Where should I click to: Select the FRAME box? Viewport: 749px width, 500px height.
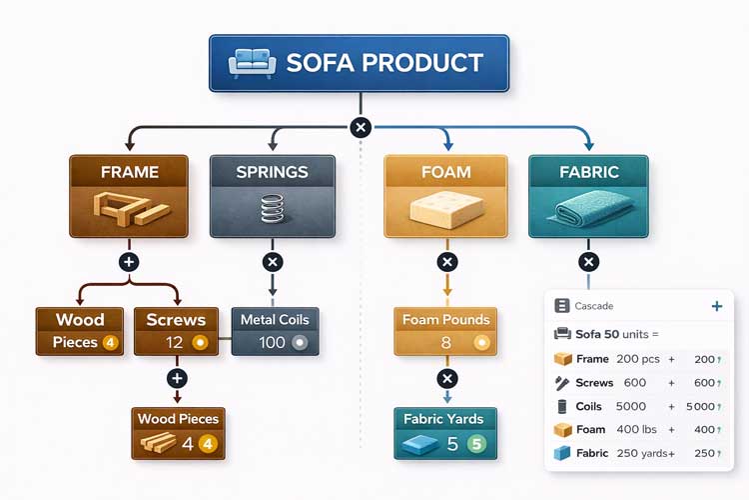pos(129,195)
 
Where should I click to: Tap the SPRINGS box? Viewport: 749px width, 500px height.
pos(272,195)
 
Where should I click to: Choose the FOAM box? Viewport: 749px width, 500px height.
pos(445,195)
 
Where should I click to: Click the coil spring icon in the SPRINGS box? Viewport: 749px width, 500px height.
pos(272,210)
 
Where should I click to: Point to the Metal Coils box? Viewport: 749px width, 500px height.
pos(275,331)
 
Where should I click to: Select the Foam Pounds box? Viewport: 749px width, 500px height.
pos(445,331)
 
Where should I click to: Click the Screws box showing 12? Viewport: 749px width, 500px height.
pos(176,331)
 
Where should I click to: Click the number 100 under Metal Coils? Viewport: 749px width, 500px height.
pos(271,342)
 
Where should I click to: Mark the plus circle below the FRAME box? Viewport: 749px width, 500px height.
pos(128,262)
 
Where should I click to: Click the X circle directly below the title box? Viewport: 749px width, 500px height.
pos(362,127)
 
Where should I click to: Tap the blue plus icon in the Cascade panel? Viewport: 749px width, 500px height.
pos(716,306)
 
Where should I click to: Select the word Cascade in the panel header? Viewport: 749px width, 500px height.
pos(594,306)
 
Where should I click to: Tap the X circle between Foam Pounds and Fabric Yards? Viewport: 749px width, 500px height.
pos(447,379)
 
